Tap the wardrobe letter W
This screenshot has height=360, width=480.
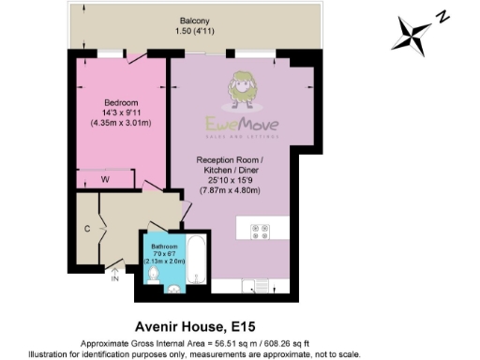click(106, 179)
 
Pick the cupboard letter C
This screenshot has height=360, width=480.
click(87, 227)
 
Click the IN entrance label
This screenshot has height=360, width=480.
click(115, 277)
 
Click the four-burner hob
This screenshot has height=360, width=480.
click(260, 231)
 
